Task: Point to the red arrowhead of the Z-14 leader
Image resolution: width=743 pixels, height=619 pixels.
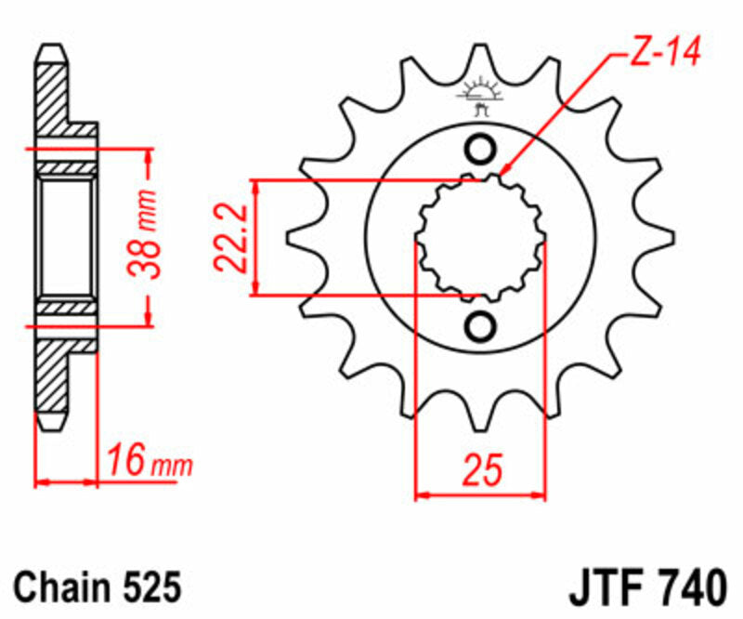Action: tap(503, 170)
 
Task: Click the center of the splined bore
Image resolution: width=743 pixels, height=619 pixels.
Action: tap(480, 238)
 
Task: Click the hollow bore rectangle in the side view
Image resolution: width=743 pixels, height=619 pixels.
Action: tap(66, 237)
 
